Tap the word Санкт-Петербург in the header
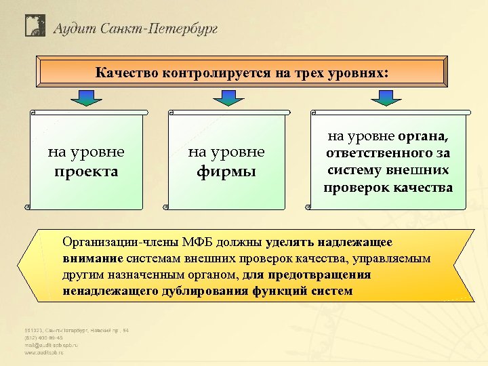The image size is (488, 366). pyautogui.click(x=159, y=28)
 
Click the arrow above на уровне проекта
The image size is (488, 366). pyautogui.click(x=86, y=98)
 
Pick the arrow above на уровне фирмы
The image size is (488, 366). pyautogui.click(x=227, y=98)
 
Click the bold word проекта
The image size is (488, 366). pyautogui.click(x=86, y=171)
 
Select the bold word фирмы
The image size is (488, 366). pyautogui.click(x=226, y=171)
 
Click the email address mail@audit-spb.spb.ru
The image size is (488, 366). pyautogui.click(x=52, y=344)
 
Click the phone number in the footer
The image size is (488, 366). pyautogui.click(x=43, y=337)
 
